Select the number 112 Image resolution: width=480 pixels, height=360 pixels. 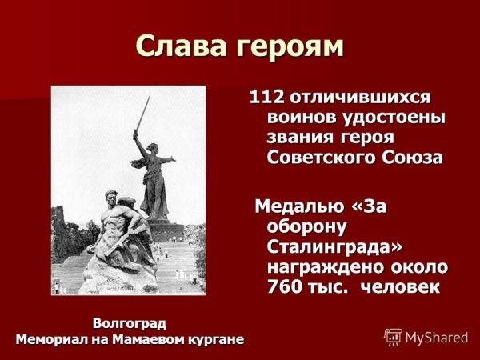click(x=267, y=98)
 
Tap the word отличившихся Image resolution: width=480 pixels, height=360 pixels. click(x=360, y=98)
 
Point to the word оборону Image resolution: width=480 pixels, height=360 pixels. click(x=307, y=227)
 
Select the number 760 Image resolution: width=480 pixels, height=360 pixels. click(x=285, y=286)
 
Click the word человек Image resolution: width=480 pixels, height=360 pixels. click(x=400, y=286)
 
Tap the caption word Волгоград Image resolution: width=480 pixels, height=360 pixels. click(x=130, y=323)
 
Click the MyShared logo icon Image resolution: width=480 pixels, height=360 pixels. click(x=393, y=337)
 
